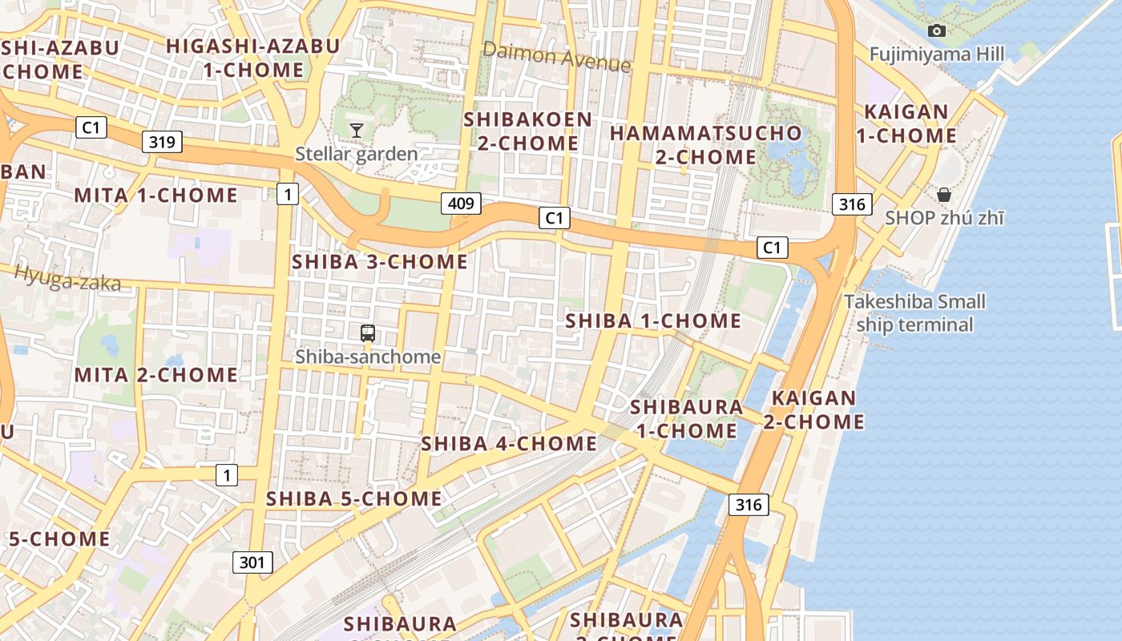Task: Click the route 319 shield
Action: click(x=162, y=143)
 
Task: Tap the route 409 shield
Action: click(x=461, y=203)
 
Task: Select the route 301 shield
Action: click(x=252, y=562)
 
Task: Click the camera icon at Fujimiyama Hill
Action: click(x=936, y=31)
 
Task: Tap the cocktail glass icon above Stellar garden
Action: click(x=357, y=130)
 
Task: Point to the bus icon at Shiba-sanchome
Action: click(x=368, y=333)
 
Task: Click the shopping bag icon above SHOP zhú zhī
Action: click(x=944, y=195)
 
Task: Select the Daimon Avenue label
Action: click(x=556, y=57)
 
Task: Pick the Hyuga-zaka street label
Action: click(x=67, y=277)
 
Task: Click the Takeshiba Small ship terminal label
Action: click(x=914, y=313)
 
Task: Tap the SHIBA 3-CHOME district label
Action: click(x=380, y=262)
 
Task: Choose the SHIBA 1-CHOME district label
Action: click(x=653, y=320)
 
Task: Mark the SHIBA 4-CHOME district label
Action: click(x=509, y=443)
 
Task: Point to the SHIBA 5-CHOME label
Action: click(x=353, y=498)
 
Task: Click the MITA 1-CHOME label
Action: click(x=155, y=195)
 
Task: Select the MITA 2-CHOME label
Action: click(x=155, y=374)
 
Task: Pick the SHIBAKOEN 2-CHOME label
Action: click(x=528, y=131)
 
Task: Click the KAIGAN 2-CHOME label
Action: click(x=813, y=409)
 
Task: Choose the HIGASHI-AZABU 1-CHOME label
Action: click(x=253, y=58)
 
